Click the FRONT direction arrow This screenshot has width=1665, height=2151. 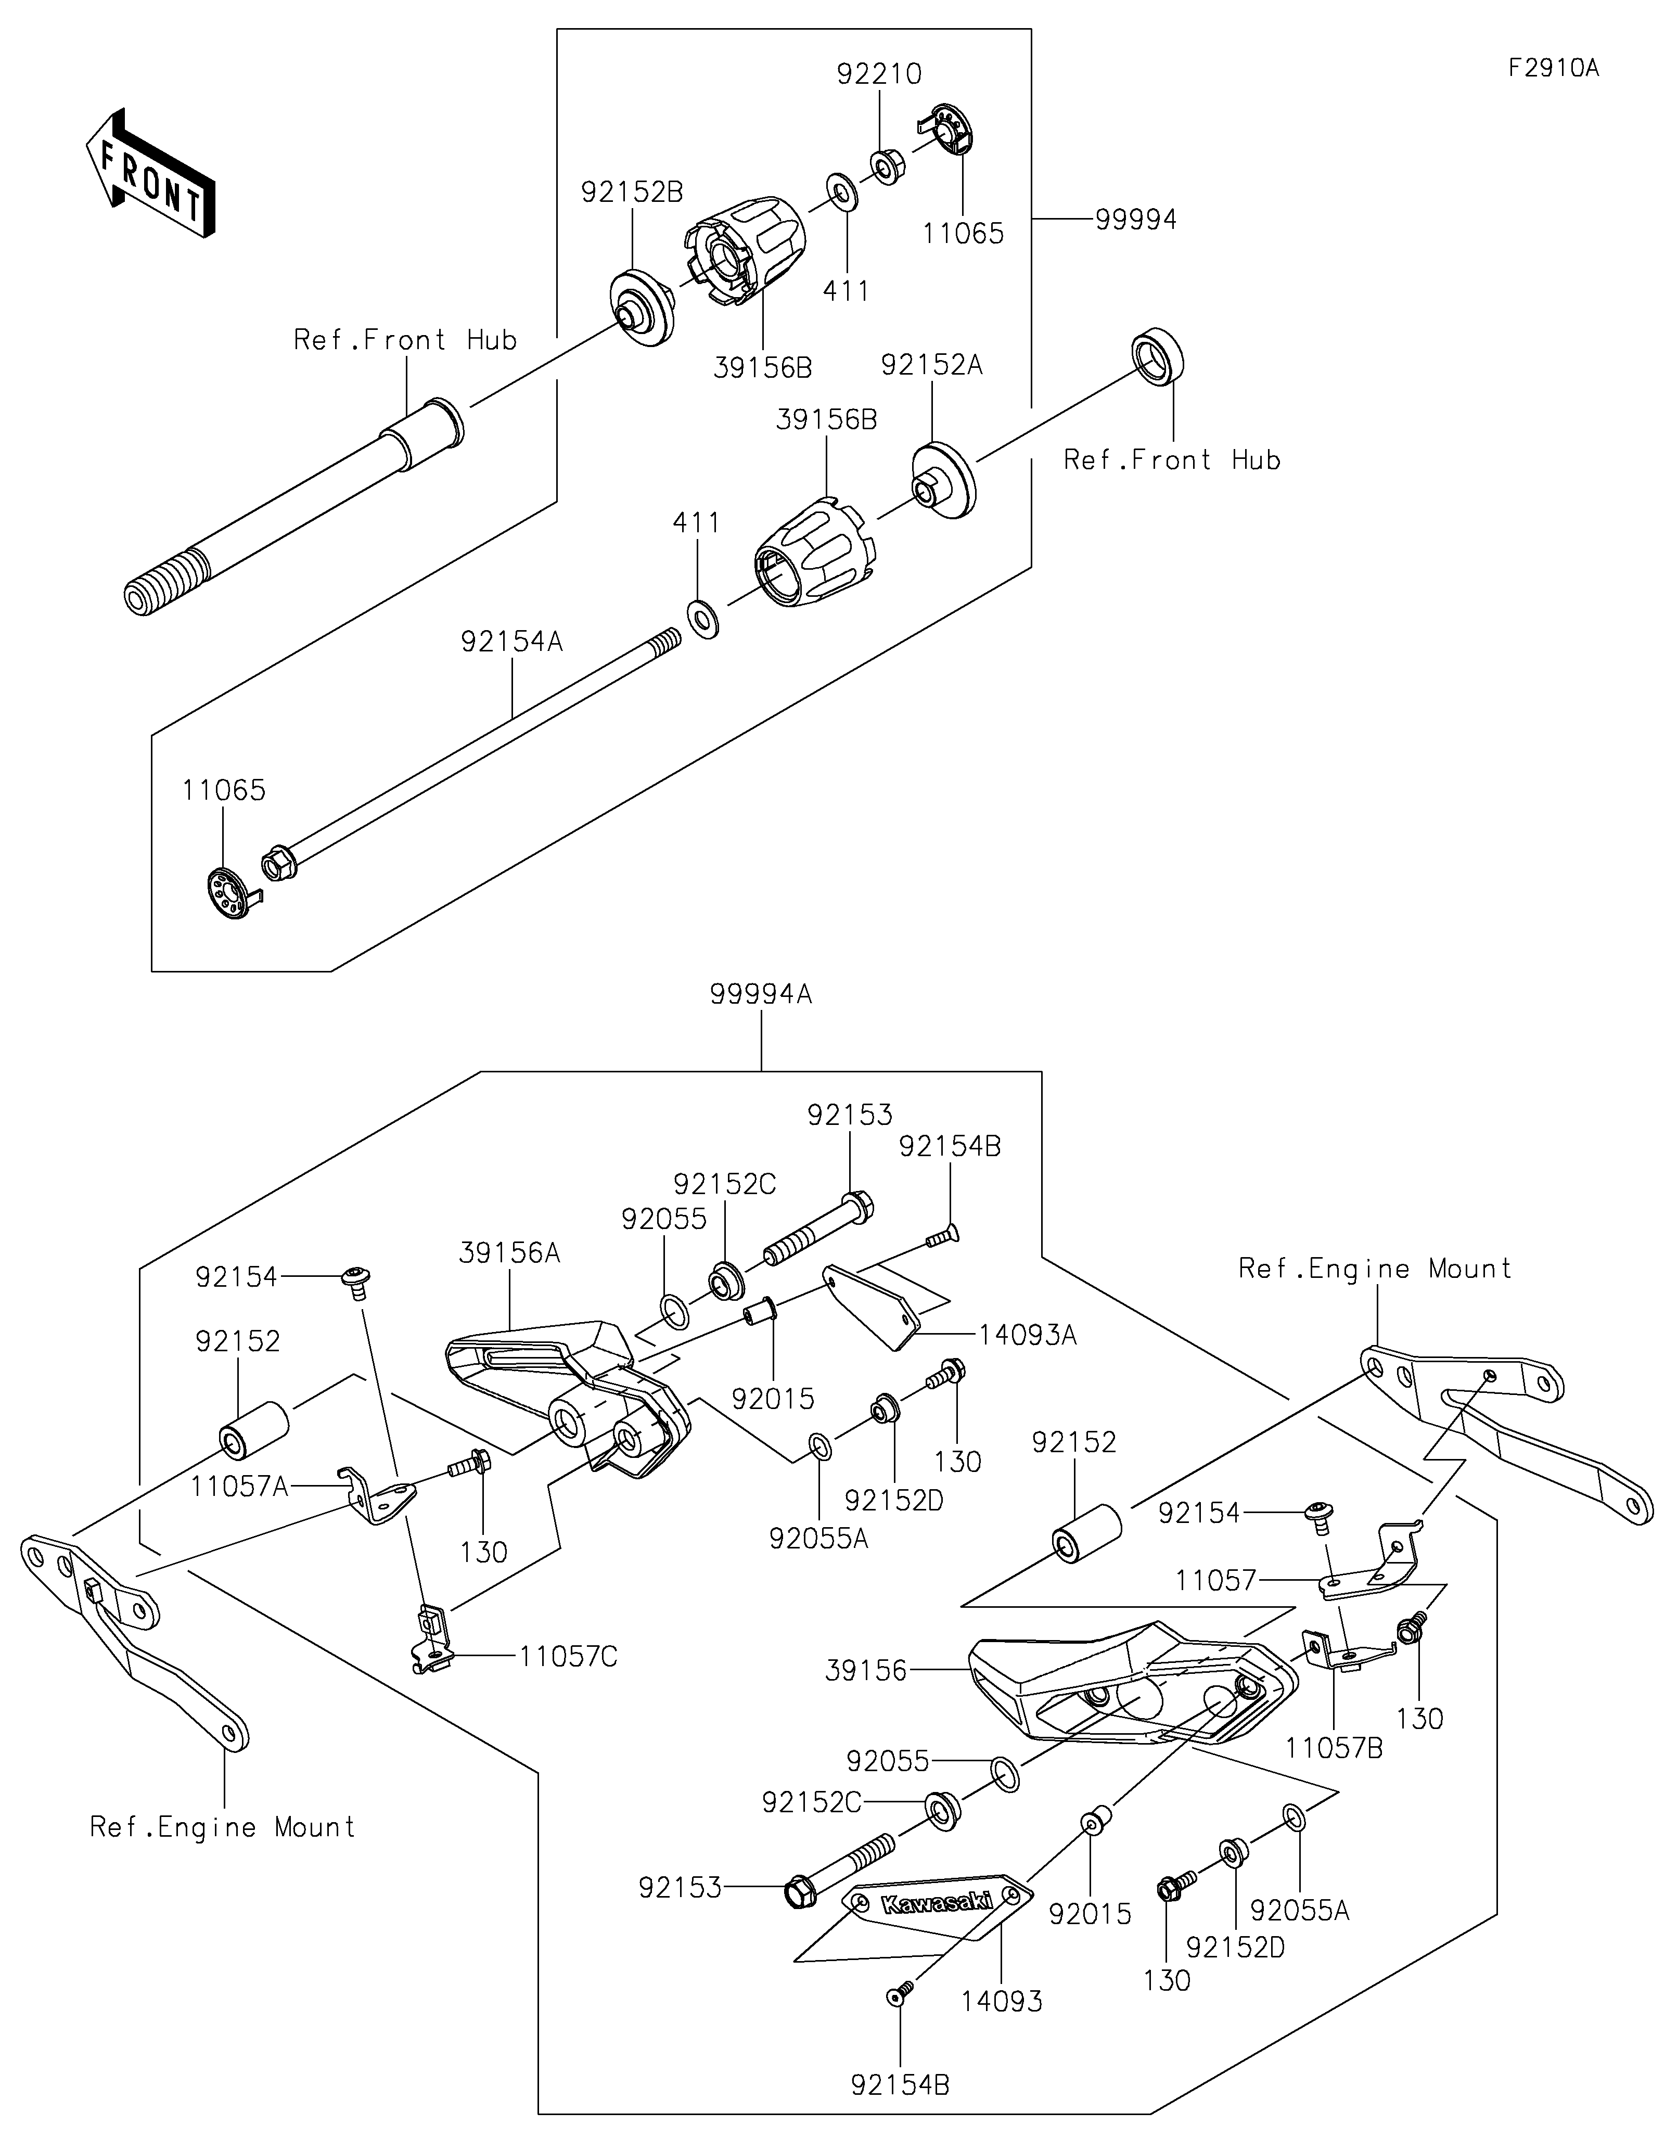point(150,172)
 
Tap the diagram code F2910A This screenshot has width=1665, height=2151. point(1553,68)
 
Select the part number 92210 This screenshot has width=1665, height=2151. point(879,74)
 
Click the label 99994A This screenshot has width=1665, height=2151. point(761,995)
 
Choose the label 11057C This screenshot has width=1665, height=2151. point(568,1658)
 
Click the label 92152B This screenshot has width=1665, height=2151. point(632,192)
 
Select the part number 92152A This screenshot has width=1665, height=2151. point(931,365)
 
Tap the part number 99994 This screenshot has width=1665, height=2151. point(1136,220)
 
